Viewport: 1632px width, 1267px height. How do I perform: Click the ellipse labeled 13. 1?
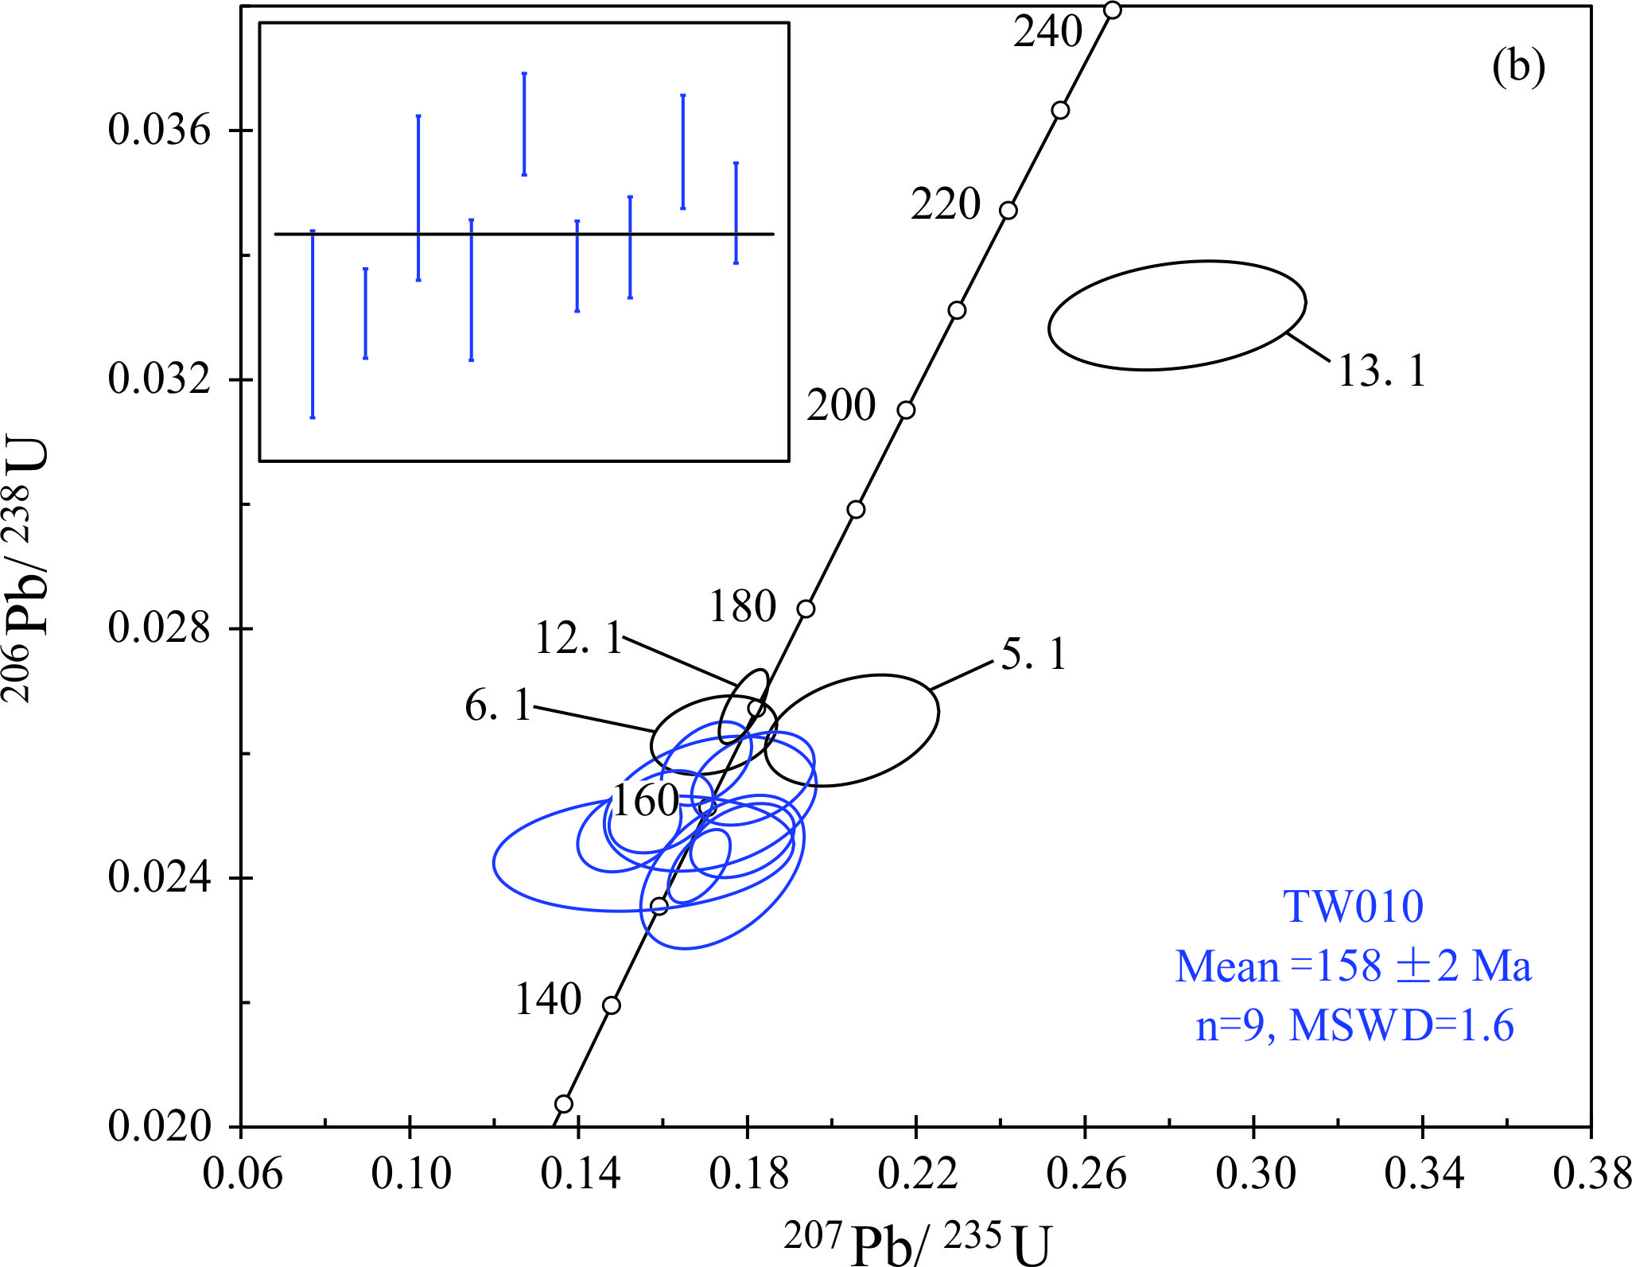1176,315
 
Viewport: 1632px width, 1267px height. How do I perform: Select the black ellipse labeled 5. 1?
852,730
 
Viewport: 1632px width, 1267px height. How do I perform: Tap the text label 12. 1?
578,638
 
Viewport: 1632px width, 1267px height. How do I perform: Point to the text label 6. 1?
498,705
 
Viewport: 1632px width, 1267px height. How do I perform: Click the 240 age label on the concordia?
1047,33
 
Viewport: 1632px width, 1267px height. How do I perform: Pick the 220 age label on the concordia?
945,204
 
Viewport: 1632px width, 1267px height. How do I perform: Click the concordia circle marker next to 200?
906,410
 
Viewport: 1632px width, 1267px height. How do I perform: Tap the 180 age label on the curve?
742,607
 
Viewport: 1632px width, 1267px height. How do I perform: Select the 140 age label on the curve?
548,1000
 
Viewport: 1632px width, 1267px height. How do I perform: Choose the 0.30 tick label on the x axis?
1255,1175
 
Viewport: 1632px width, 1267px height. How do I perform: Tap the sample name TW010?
1353,907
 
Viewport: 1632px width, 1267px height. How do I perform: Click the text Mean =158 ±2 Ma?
1353,967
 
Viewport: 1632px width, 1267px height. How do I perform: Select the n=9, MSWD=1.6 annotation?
1354,1026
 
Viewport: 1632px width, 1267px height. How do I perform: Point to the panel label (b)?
1518,67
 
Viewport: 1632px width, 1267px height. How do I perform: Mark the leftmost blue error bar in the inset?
313,324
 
